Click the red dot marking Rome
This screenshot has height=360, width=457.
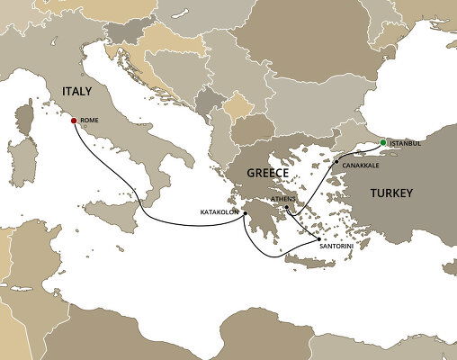pyautogui.click(x=74, y=119)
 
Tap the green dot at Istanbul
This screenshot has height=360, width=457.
pyautogui.click(x=382, y=143)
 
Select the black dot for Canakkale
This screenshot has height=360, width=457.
pyautogui.click(x=337, y=162)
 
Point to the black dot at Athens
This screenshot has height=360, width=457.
pyautogui.click(x=286, y=209)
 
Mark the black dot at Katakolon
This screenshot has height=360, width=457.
pyautogui.click(x=244, y=213)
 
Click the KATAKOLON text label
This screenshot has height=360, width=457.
pyautogui.click(x=219, y=213)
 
